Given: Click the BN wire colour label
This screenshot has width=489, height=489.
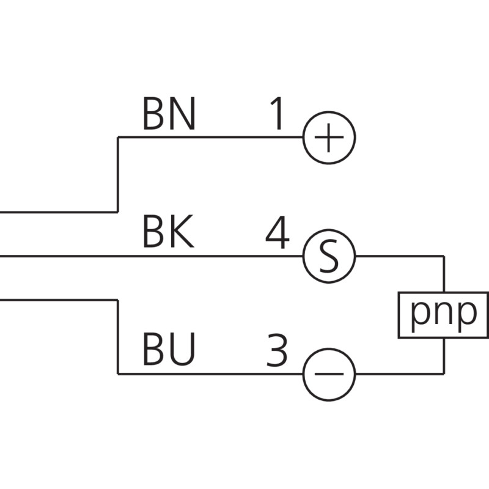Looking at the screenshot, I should coord(169,114).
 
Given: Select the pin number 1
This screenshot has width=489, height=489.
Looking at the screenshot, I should coord(277,114).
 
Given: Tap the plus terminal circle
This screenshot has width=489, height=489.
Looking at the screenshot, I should coord(329,138).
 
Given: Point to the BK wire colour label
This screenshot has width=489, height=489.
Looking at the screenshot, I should coord(168,233).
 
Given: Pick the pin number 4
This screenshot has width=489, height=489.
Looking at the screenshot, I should coord(277,233).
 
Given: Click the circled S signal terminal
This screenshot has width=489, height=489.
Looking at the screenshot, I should coord(329,256).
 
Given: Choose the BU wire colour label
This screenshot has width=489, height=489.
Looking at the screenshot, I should coord(169,351).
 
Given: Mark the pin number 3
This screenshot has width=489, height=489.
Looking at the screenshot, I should coord(277,351).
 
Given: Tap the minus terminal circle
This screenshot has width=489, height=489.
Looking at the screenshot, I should coord(329,374).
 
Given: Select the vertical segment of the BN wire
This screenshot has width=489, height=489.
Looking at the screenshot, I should coord(118,174).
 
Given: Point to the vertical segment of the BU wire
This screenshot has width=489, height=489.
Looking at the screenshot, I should coord(118,337).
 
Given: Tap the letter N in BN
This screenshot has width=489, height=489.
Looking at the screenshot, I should coord(183,114).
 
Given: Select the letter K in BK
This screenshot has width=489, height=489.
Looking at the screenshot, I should coord(182,233).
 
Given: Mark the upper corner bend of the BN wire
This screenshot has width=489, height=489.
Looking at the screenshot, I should coord(118,138).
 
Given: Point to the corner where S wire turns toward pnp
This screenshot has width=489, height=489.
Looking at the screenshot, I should coord(444,256).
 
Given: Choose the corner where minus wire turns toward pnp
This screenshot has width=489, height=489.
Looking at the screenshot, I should coord(444,374).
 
